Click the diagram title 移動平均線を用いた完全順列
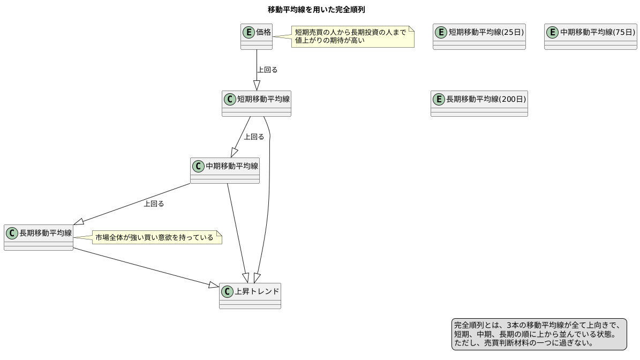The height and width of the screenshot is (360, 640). [316, 10]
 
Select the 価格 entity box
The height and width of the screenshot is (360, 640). [257, 37]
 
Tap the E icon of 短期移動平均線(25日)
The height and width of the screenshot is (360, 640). [441, 32]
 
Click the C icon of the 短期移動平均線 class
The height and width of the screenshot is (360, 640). [230, 99]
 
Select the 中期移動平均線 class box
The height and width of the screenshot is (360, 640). [225, 171]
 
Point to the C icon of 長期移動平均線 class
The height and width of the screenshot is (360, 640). [12, 233]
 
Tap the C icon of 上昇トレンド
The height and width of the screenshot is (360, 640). [227, 292]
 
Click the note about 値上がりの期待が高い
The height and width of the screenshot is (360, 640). [352, 36]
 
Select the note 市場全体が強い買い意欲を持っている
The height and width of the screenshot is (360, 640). [156, 237]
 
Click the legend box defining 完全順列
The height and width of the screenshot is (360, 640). [539, 334]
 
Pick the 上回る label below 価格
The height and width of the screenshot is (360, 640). [267, 70]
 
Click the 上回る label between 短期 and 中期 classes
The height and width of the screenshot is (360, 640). [254, 137]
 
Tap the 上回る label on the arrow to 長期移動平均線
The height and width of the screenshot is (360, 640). [154, 204]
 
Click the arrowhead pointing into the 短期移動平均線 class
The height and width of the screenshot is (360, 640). [257, 85]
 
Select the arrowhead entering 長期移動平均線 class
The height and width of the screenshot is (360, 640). [79, 222]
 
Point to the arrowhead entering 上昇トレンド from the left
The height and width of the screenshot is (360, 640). [214, 286]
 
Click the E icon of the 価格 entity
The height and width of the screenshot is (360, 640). [249, 32]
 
